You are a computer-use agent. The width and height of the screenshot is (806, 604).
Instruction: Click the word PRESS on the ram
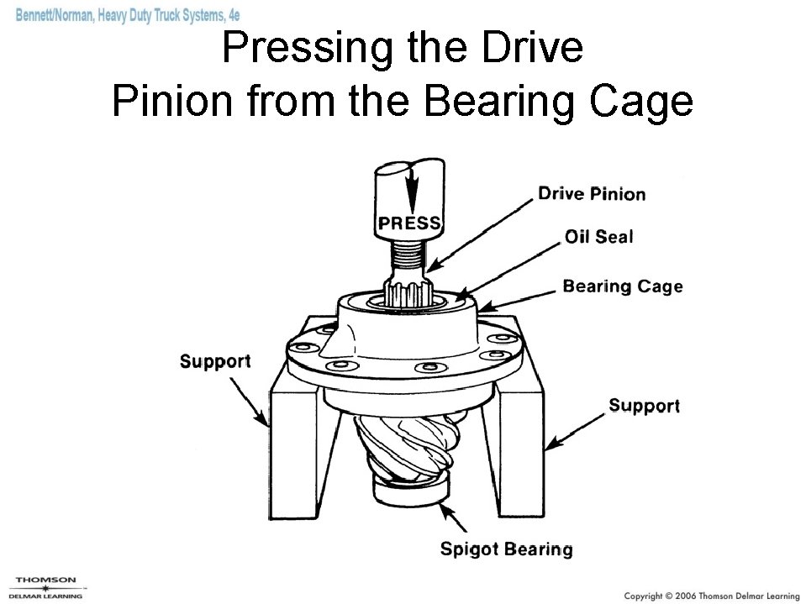pyautogui.click(x=409, y=223)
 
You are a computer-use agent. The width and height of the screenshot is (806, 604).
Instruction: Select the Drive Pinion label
pyautogui.click(x=592, y=194)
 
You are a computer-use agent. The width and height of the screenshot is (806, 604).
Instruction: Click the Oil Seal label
pyautogui.click(x=599, y=237)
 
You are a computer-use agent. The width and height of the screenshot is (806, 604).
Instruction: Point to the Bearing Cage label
pyautogui.click(x=623, y=286)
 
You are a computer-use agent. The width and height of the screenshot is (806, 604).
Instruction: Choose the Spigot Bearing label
pyautogui.click(x=506, y=549)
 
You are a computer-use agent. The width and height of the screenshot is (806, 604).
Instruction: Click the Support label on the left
pyautogui.click(x=215, y=361)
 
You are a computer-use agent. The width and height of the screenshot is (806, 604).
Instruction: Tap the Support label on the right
pyautogui.click(x=644, y=406)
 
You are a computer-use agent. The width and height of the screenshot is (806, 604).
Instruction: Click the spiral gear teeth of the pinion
pyautogui.click(x=407, y=447)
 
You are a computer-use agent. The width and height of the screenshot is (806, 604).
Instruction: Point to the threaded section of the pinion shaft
pyautogui.click(x=409, y=251)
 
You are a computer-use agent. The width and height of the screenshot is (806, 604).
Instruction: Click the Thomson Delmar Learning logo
pyautogui.click(x=45, y=587)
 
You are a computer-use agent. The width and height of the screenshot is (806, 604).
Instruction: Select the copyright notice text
pyautogui.click(x=712, y=596)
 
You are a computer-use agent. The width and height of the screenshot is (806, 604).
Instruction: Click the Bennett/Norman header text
pyautogui.click(x=128, y=15)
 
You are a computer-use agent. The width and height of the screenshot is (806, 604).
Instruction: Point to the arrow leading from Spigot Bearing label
pyautogui.click(x=454, y=517)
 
